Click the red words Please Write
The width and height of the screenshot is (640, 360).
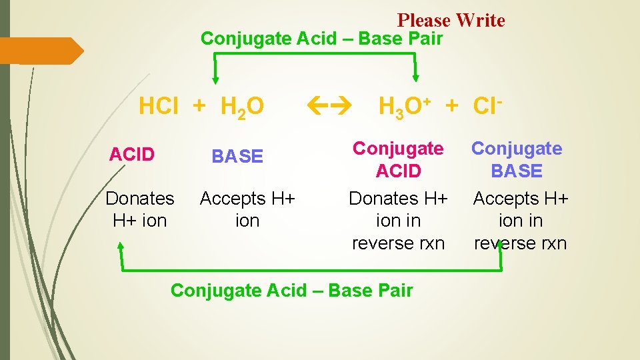coord(451,21)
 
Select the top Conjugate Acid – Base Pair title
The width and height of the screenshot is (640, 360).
coord(321,39)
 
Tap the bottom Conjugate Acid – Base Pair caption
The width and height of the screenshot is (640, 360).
coord(292,291)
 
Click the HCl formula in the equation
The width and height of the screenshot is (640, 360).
coord(158,105)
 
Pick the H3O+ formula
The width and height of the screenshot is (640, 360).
coord(404,106)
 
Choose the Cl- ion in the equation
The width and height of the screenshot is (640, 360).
coord(487,105)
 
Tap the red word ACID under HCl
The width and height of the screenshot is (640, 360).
coord(132,155)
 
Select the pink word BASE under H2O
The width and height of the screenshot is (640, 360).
coord(237,156)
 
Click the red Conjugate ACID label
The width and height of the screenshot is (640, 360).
coord(398,160)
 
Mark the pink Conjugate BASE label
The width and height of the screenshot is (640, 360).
coord(517,160)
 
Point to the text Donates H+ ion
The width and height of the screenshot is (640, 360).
coord(140,209)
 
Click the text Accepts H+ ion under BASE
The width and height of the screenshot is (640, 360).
coord(247,209)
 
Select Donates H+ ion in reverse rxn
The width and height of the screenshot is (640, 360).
coord(398,221)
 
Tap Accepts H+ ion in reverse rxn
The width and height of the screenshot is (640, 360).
coord(520,221)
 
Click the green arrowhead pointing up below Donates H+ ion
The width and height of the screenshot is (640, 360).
coord(121,247)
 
